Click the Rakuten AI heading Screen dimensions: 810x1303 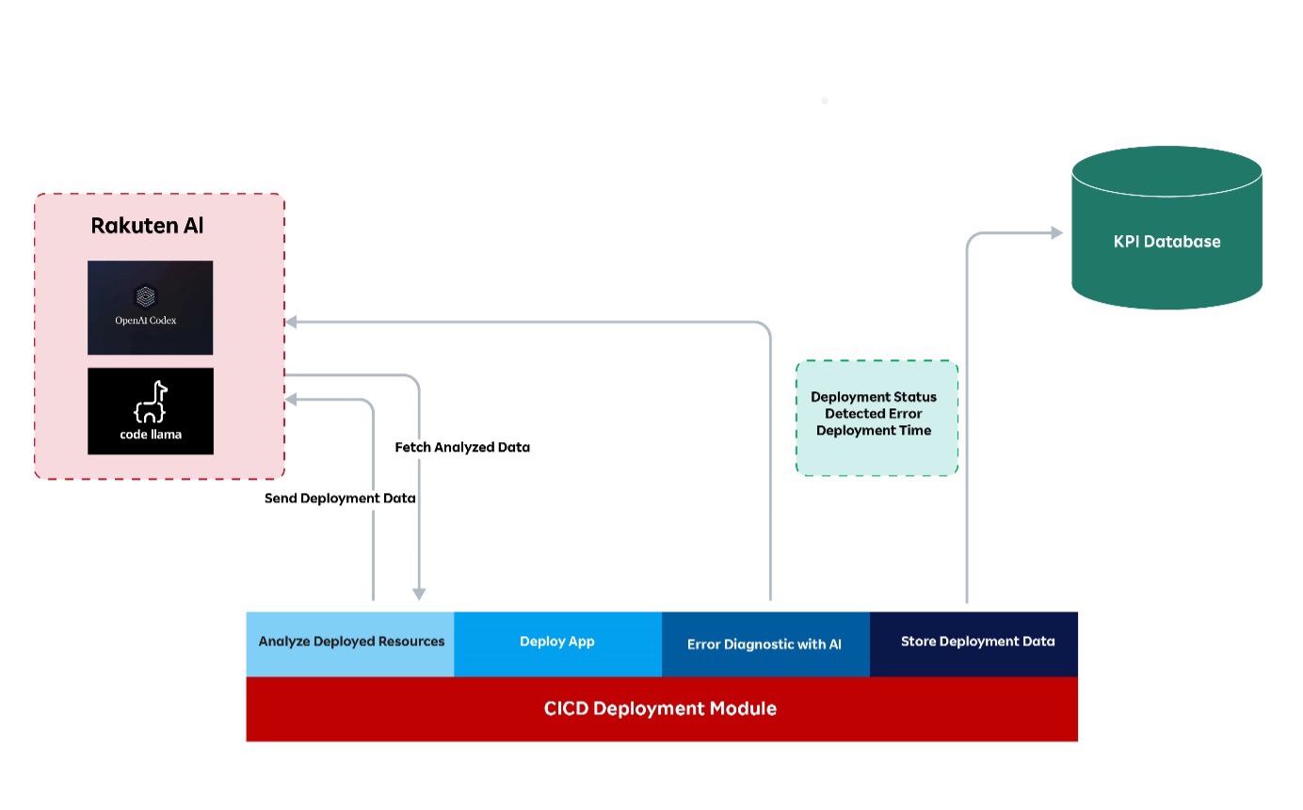tap(147, 226)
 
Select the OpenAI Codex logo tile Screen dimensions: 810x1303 tap(150, 308)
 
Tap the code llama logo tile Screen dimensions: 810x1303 tap(150, 411)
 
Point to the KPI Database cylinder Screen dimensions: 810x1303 tap(1166, 229)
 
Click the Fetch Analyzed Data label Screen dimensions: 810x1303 tap(462, 448)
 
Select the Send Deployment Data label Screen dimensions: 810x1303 tap(340, 499)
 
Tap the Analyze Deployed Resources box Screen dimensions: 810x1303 tap(350, 643)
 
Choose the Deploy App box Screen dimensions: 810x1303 tap(557, 643)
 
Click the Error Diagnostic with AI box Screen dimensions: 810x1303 tap(764, 644)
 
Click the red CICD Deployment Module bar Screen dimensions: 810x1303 tap(661, 708)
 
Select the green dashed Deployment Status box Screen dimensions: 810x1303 tap(877, 418)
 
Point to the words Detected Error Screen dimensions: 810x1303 tap(874, 414)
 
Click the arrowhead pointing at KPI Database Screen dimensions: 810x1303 tap(1056, 232)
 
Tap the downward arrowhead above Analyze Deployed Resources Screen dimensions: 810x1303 tap(419, 595)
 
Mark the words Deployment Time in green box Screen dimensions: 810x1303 tap(874, 431)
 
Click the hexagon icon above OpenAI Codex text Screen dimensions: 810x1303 tap(145, 296)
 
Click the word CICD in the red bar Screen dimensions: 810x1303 tap(565, 708)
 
